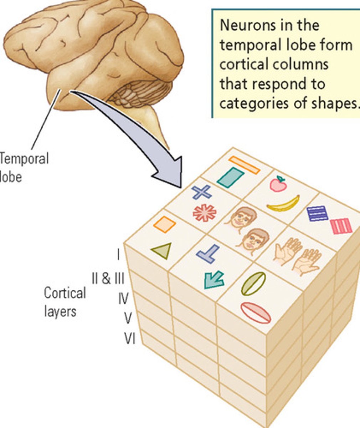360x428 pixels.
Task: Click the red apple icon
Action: (x=278, y=184)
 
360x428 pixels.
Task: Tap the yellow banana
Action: (x=283, y=204)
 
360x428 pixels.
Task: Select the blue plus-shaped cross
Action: (x=202, y=192)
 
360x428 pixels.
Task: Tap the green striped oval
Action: (x=253, y=284)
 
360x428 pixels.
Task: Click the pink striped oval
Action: (x=256, y=313)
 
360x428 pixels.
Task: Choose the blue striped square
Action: (x=317, y=213)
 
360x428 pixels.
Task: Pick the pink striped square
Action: (x=341, y=226)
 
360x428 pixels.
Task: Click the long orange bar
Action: (x=244, y=165)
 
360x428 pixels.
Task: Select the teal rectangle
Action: (x=230, y=177)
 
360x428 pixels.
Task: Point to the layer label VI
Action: (x=129, y=338)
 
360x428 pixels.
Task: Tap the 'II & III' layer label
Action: (x=108, y=278)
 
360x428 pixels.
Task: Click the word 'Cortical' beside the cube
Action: (x=65, y=293)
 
